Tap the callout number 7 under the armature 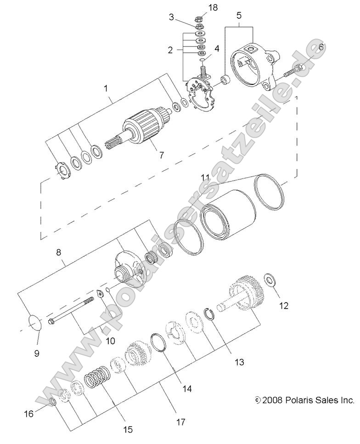point(161,155)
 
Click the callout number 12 point(284,305)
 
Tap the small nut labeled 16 point(52,402)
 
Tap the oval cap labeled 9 point(35,323)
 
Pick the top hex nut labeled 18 point(200,19)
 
